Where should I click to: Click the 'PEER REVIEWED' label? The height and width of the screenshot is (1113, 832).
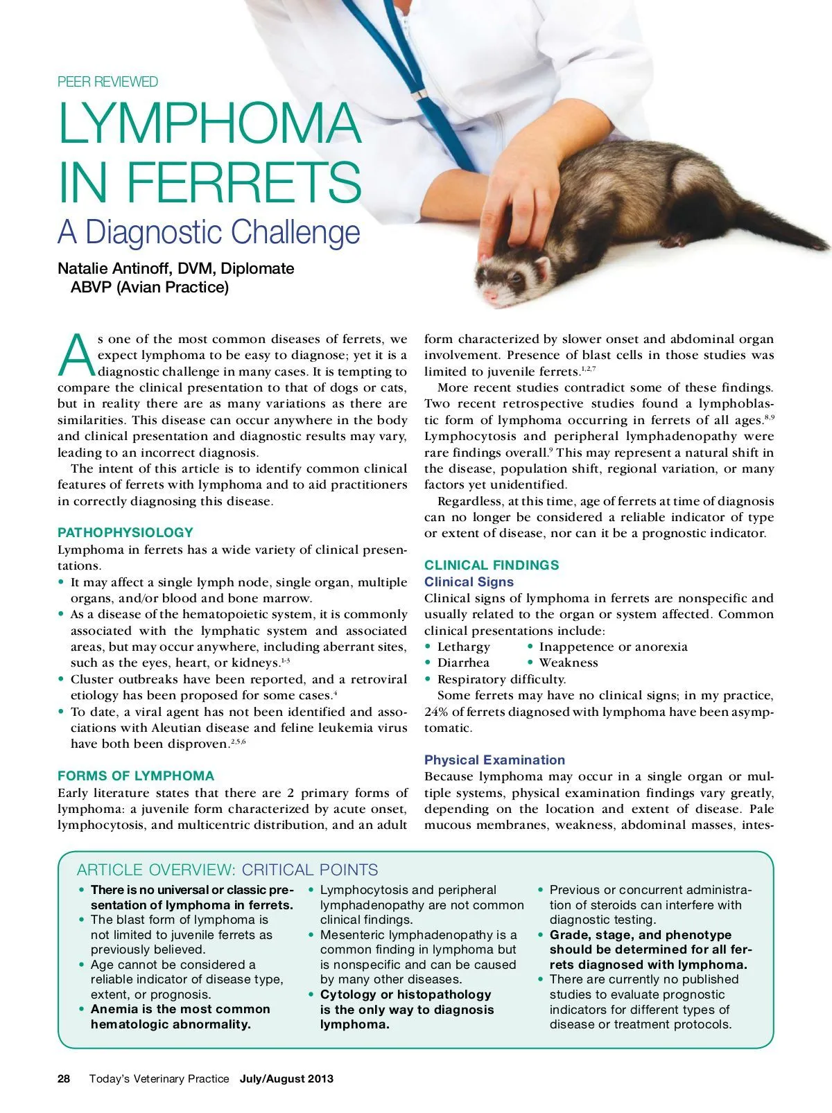[107, 82]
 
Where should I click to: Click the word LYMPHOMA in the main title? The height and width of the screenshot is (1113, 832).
[210, 123]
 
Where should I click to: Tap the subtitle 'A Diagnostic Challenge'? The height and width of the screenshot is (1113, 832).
[209, 232]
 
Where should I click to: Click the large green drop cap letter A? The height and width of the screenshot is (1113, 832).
[76, 356]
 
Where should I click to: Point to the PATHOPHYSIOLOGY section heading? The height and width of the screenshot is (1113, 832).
[125, 532]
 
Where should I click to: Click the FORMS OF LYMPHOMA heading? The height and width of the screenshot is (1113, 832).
[136, 775]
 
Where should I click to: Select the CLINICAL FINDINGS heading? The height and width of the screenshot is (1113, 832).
[492, 565]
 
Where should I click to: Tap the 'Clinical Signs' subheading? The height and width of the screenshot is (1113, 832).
[469, 582]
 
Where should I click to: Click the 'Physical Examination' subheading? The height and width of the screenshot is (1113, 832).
[494, 760]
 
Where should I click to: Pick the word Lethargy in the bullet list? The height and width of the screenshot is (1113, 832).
[463, 647]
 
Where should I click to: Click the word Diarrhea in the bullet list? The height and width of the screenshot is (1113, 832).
[463, 663]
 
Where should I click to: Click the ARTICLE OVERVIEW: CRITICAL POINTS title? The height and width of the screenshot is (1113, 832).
[227, 870]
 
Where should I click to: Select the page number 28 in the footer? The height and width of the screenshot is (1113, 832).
[64, 1078]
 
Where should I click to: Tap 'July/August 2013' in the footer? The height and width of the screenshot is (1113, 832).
[286, 1078]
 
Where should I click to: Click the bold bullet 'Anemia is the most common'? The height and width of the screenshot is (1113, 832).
[180, 1009]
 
